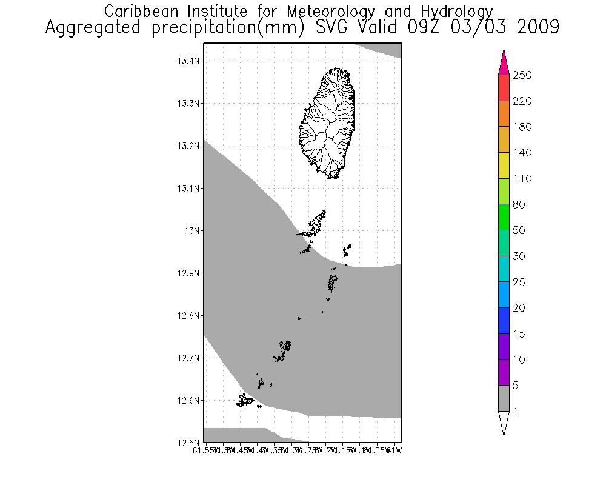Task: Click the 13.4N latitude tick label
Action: pyautogui.click(x=189, y=61)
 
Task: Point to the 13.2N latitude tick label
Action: pyautogui.click(x=189, y=146)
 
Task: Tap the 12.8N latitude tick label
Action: pyautogui.click(x=189, y=316)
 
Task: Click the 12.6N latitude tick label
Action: pyautogui.click(x=189, y=401)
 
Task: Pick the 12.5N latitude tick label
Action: pyautogui.click(x=189, y=443)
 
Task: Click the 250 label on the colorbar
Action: pyautogui.click(x=522, y=76)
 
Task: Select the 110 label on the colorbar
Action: pyautogui.click(x=522, y=179)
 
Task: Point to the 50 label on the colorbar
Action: pyautogui.click(x=519, y=231)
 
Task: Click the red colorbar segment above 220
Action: pyautogui.click(x=504, y=88)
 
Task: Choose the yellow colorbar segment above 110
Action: pyautogui.click(x=504, y=166)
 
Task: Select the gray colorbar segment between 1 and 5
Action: pyautogui.click(x=504, y=398)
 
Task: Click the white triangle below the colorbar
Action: pyautogui.click(x=504, y=423)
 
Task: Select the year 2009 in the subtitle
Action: pyautogui.click(x=538, y=28)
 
